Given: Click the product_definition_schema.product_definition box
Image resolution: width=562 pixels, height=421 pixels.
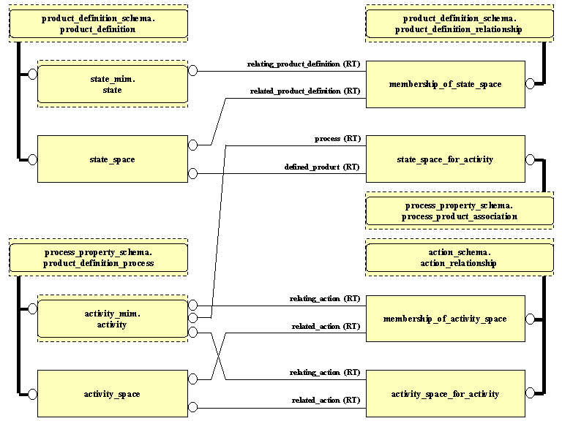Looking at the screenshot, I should point(98,23).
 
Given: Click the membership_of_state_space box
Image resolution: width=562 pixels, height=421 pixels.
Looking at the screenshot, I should point(445,85).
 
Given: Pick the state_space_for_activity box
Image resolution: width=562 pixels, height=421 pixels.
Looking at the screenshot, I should point(445,159).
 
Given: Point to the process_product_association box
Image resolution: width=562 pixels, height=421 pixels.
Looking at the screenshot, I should point(460,211).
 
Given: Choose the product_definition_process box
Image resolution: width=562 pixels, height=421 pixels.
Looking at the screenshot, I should point(98,258).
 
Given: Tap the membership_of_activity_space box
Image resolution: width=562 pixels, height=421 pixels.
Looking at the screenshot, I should point(445,319).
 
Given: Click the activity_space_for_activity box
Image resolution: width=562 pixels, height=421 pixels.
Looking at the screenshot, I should point(445,395).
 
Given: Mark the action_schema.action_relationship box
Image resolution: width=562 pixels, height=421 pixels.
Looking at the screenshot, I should point(460,258).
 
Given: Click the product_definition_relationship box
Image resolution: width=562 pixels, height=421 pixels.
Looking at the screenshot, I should point(460,23).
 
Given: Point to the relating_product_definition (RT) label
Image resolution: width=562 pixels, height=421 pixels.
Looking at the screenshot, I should point(304,64).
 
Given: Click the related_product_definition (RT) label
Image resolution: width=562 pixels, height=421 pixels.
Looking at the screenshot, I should point(305,91).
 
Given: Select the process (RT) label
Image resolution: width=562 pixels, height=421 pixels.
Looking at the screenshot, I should point(337,139).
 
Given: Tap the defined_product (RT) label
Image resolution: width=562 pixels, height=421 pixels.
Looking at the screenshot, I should point(322,167).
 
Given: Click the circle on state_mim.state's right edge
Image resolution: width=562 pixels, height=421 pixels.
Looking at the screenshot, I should point(193,71).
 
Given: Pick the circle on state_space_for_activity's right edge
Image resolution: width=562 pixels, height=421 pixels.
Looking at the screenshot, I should point(531,159).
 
